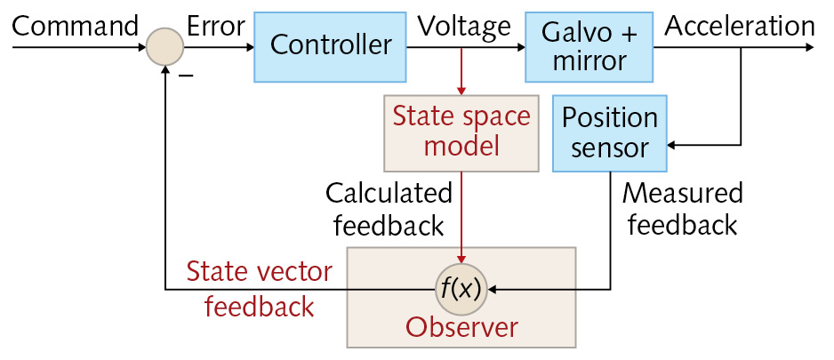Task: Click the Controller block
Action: pyautogui.click(x=330, y=45)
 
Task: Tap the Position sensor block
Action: pyautogui.click(x=609, y=132)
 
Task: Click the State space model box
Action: pyautogui.click(x=461, y=132)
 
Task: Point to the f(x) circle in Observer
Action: pyautogui.click(x=461, y=289)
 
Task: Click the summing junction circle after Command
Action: pyautogui.click(x=164, y=46)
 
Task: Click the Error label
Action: pyautogui.click(x=215, y=26)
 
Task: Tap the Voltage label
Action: pyautogui.click(x=463, y=26)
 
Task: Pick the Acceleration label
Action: pyautogui.click(x=739, y=26)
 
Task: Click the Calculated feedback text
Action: pyautogui.click(x=389, y=210)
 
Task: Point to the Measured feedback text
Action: pyautogui.click(x=682, y=210)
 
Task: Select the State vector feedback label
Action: pyautogui.click(x=259, y=289)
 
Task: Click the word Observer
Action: pyautogui.click(x=461, y=328)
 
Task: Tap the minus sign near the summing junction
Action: pyautogui.click(x=187, y=76)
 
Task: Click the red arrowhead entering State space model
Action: pyautogui.click(x=461, y=90)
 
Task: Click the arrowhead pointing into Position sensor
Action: pyautogui.click(x=673, y=142)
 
